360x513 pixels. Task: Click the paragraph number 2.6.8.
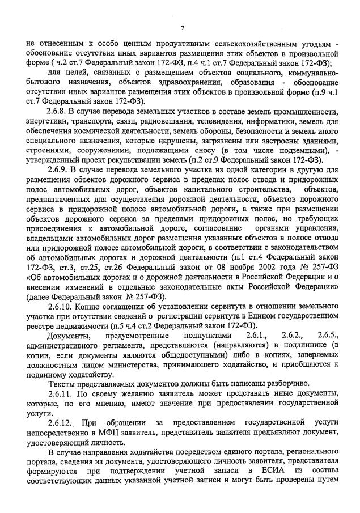tap(60, 112)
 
